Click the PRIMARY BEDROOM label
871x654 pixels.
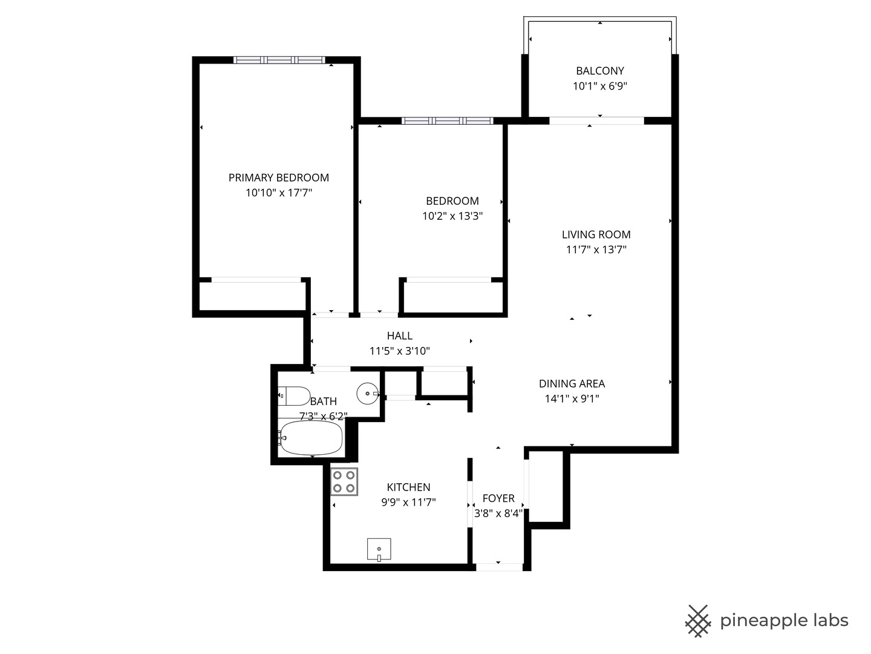click(x=278, y=177)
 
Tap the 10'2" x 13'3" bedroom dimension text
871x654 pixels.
click(x=452, y=216)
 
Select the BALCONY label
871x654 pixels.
click(x=599, y=71)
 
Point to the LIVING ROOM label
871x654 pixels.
click(x=596, y=234)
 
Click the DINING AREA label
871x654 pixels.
click(x=572, y=383)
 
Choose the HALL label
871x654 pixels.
click(x=399, y=335)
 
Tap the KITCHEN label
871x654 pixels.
click(x=408, y=487)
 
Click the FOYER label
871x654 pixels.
click(x=498, y=498)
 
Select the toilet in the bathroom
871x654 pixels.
click(x=295, y=396)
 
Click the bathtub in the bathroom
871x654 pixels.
click(x=311, y=438)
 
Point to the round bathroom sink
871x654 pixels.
click(x=367, y=394)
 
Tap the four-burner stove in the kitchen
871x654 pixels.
click(x=344, y=482)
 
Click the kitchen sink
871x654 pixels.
click(x=379, y=549)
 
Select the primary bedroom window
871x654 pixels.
click(x=279, y=60)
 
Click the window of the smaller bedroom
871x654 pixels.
click(x=447, y=121)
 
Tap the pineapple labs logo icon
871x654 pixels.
click(x=697, y=621)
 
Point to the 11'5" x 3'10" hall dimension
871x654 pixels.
click(x=399, y=351)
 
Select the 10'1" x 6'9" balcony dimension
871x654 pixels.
click(x=599, y=86)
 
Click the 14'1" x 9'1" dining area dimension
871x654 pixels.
click(x=572, y=398)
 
